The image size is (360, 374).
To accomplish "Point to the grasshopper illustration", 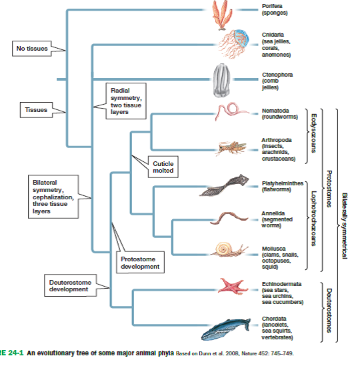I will [x=231, y=147].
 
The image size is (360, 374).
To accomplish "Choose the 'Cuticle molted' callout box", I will [x=163, y=167].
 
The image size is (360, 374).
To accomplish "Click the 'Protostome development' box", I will [x=140, y=262].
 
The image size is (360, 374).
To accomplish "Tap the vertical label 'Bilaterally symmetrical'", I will [x=344, y=216].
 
